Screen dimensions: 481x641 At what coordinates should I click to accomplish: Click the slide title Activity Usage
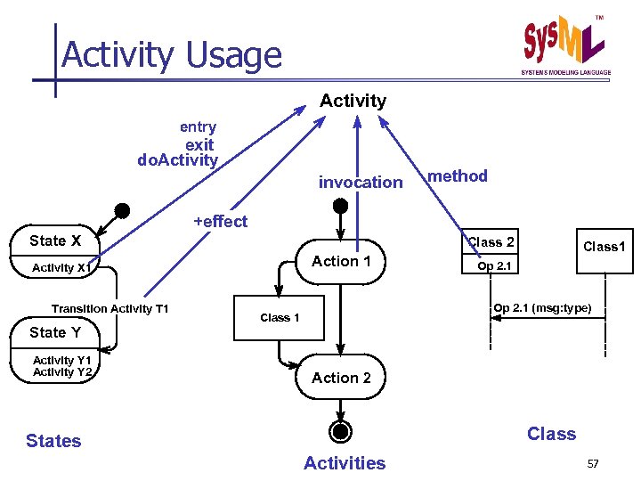pos(171,55)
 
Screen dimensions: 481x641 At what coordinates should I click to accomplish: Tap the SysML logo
pos(565,45)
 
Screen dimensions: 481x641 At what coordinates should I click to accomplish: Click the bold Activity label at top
pos(353,101)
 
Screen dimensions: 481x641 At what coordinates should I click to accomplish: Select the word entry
pos(198,127)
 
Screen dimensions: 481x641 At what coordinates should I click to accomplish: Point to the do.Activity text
pos(177,160)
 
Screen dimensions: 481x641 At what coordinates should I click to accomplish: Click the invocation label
pos(361,183)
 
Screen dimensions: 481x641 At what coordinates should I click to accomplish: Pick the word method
pos(458,176)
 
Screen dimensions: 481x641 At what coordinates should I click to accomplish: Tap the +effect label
pos(221,222)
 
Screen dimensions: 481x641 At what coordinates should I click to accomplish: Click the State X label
pos(55,240)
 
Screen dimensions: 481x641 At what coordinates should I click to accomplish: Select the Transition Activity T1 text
pos(110,309)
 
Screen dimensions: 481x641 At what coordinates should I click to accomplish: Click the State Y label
pos(55,332)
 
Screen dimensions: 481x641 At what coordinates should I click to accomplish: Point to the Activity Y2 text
pos(62,372)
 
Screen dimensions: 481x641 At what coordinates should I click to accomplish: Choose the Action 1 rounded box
pos(342,261)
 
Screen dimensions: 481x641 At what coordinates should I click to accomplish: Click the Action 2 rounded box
pos(342,378)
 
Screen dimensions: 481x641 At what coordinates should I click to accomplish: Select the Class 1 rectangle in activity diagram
pos(280,318)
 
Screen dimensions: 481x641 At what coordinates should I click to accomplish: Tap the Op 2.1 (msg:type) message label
pos(542,308)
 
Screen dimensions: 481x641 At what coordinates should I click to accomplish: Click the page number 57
pos(593,464)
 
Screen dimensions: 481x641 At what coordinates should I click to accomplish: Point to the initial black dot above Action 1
pos(340,206)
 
